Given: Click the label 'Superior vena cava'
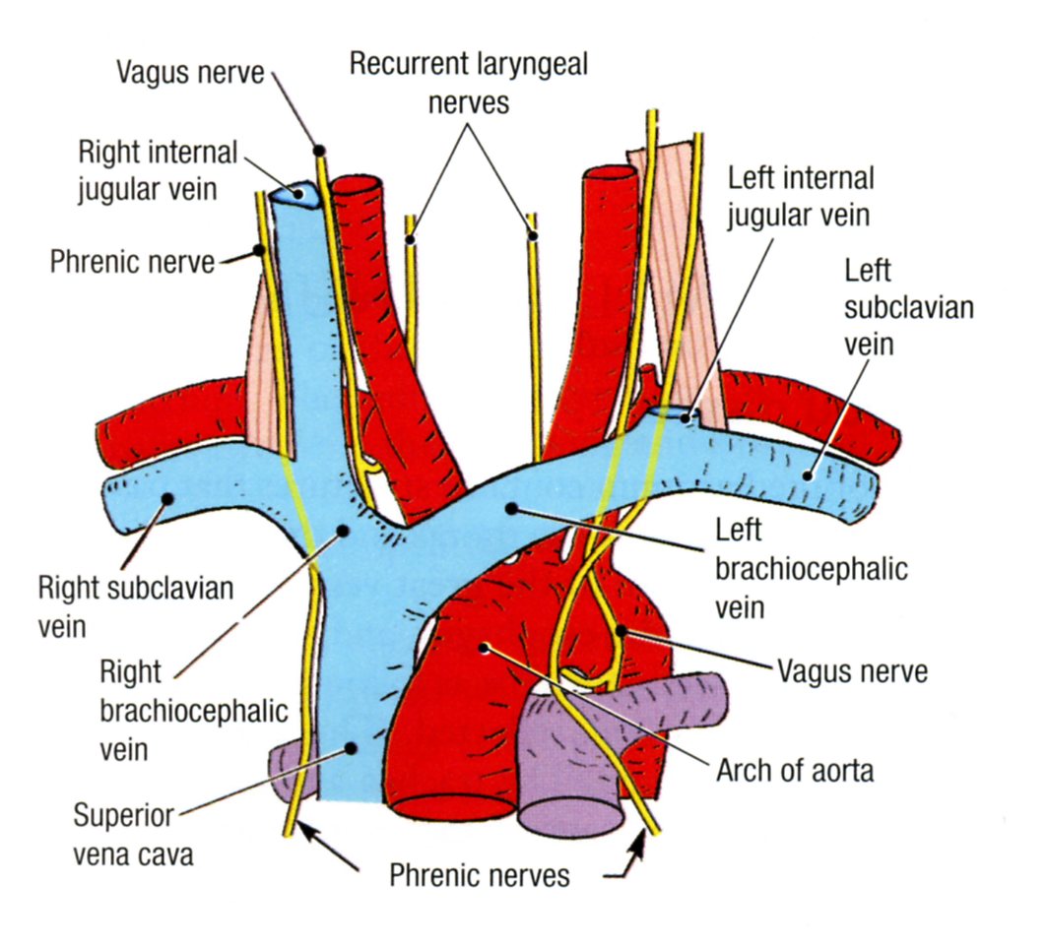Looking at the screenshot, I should click(133, 835).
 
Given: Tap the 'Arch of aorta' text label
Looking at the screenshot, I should click(795, 770).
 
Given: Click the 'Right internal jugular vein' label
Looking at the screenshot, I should click(158, 169).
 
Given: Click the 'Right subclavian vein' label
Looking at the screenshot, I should click(136, 605).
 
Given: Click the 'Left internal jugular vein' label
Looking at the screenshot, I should click(801, 196).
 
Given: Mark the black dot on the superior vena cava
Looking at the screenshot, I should click(349, 749).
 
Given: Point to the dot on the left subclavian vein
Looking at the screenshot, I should click(807, 474).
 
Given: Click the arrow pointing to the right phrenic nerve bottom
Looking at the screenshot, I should click(331, 851).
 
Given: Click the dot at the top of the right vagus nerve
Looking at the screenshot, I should click(320, 151).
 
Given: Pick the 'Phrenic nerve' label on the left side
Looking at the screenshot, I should click(132, 262).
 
